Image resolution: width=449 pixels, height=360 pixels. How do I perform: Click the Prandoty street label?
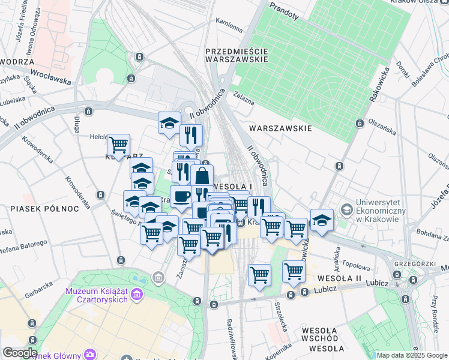[284, 10]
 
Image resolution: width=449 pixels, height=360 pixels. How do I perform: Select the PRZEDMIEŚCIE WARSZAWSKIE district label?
[235, 55]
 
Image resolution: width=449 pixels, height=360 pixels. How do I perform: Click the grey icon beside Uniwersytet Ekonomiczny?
[346, 209]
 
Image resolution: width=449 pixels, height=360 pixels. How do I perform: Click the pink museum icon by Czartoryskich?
[138, 295]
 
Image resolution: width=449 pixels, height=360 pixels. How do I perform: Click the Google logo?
[20, 353]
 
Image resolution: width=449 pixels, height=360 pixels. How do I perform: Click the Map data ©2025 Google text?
[411, 355]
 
